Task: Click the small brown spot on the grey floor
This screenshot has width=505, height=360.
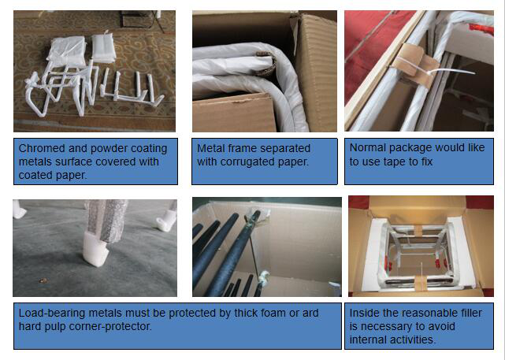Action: (42, 280)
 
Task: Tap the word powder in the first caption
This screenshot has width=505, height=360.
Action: (109, 148)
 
